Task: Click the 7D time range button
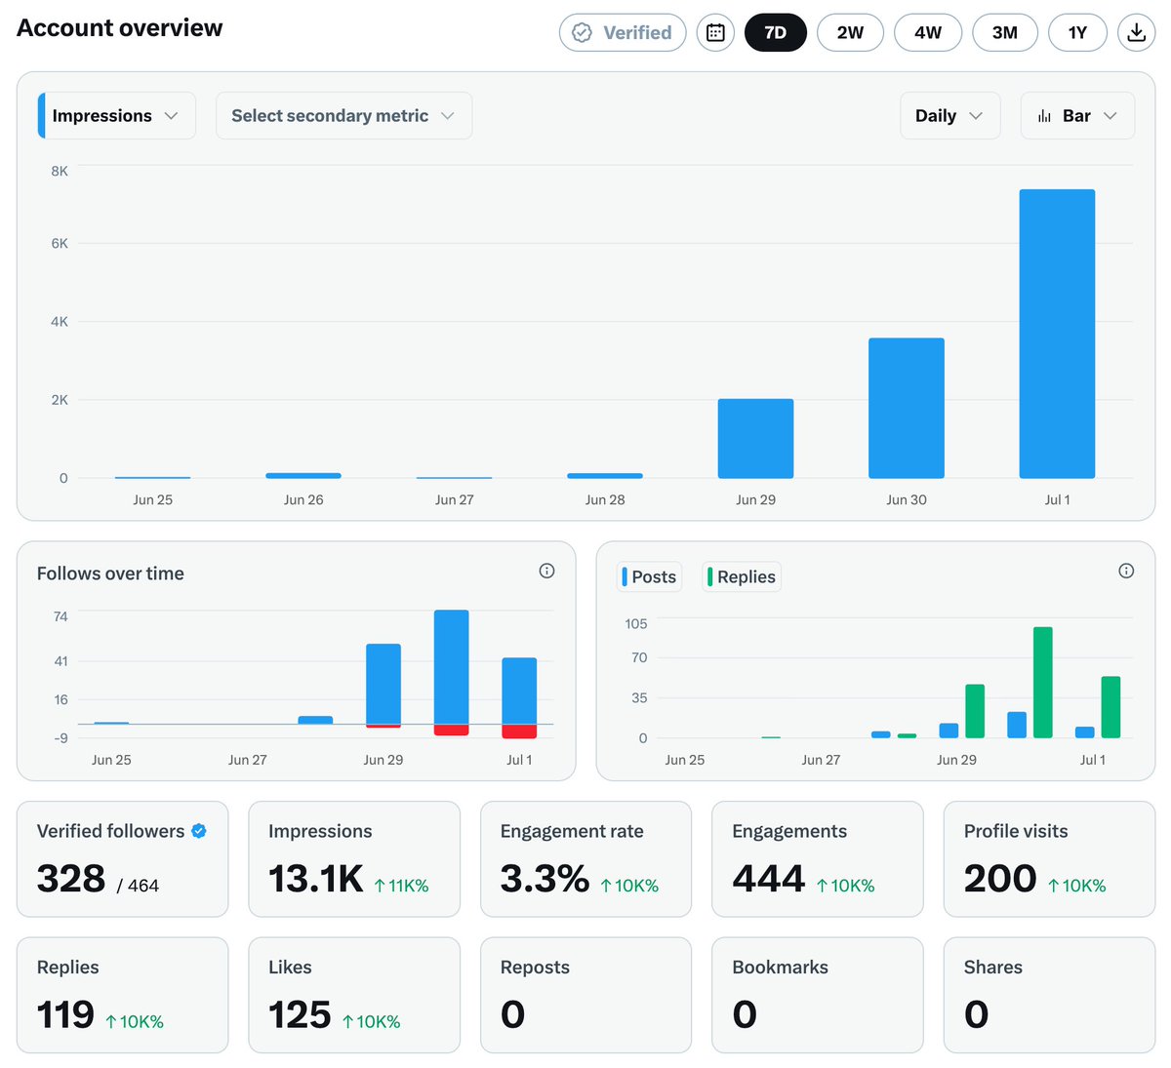[x=775, y=33]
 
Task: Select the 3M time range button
[x=1004, y=33]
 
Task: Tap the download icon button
[x=1136, y=33]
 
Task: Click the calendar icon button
[x=715, y=33]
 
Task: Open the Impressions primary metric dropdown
[x=117, y=115]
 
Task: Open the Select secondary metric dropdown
[x=343, y=115]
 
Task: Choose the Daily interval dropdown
[x=949, y=115]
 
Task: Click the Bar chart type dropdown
[x=1077, y=115]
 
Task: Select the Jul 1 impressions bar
[x=1057, y=334]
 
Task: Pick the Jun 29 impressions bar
[x=755, y=438]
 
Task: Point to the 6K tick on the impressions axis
[x=60, y=244]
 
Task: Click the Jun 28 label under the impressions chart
[x=605, y=499]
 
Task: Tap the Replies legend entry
[x=742, y=576]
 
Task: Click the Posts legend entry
[x=649, y=576]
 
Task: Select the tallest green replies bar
[x=1042, y=682]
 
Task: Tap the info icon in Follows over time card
[x=546, y=571]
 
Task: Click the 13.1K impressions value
[x=316, y=879]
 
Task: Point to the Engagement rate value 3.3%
[x=545, y=879]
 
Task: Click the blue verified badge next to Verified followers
[x=198, y=831]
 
